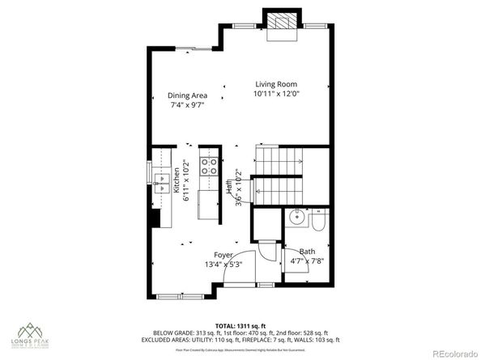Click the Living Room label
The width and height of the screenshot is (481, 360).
pos(276,84)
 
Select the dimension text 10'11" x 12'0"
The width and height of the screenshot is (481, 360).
pos(276,94)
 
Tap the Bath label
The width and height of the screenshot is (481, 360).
pos(307,251)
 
